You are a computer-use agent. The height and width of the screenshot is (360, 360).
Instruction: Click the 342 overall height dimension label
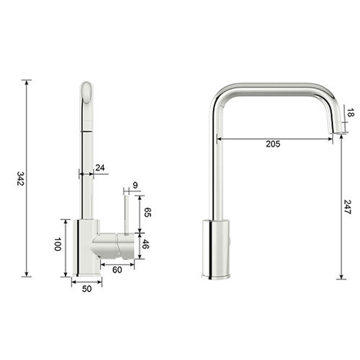pyautogui.click(x=21, y=178)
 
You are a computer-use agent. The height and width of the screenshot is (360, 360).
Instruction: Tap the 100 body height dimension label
pyautogui.click(x=58, y=244)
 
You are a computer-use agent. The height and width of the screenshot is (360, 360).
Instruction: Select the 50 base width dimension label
pyautogui.click(x=87, y=289)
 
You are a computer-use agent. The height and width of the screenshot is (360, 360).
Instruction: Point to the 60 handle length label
pyautogui.click(x=117, y=270)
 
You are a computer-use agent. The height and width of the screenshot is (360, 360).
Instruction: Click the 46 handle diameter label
pyautogui.click(x=146, y=244)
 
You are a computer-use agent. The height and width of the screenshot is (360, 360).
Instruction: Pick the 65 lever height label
pyautogui.click(x=148, y=212)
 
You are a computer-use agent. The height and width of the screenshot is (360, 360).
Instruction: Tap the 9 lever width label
pyautogui.click(x=135, y=185)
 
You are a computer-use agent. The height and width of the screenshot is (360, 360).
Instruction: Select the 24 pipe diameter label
pyautogui.click(x=100, y=168)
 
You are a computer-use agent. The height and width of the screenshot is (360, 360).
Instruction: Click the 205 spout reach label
pyautogui.click(x=273, y=144)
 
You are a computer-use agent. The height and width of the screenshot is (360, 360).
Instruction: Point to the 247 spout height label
pyautogui.click(x=348, y=207)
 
